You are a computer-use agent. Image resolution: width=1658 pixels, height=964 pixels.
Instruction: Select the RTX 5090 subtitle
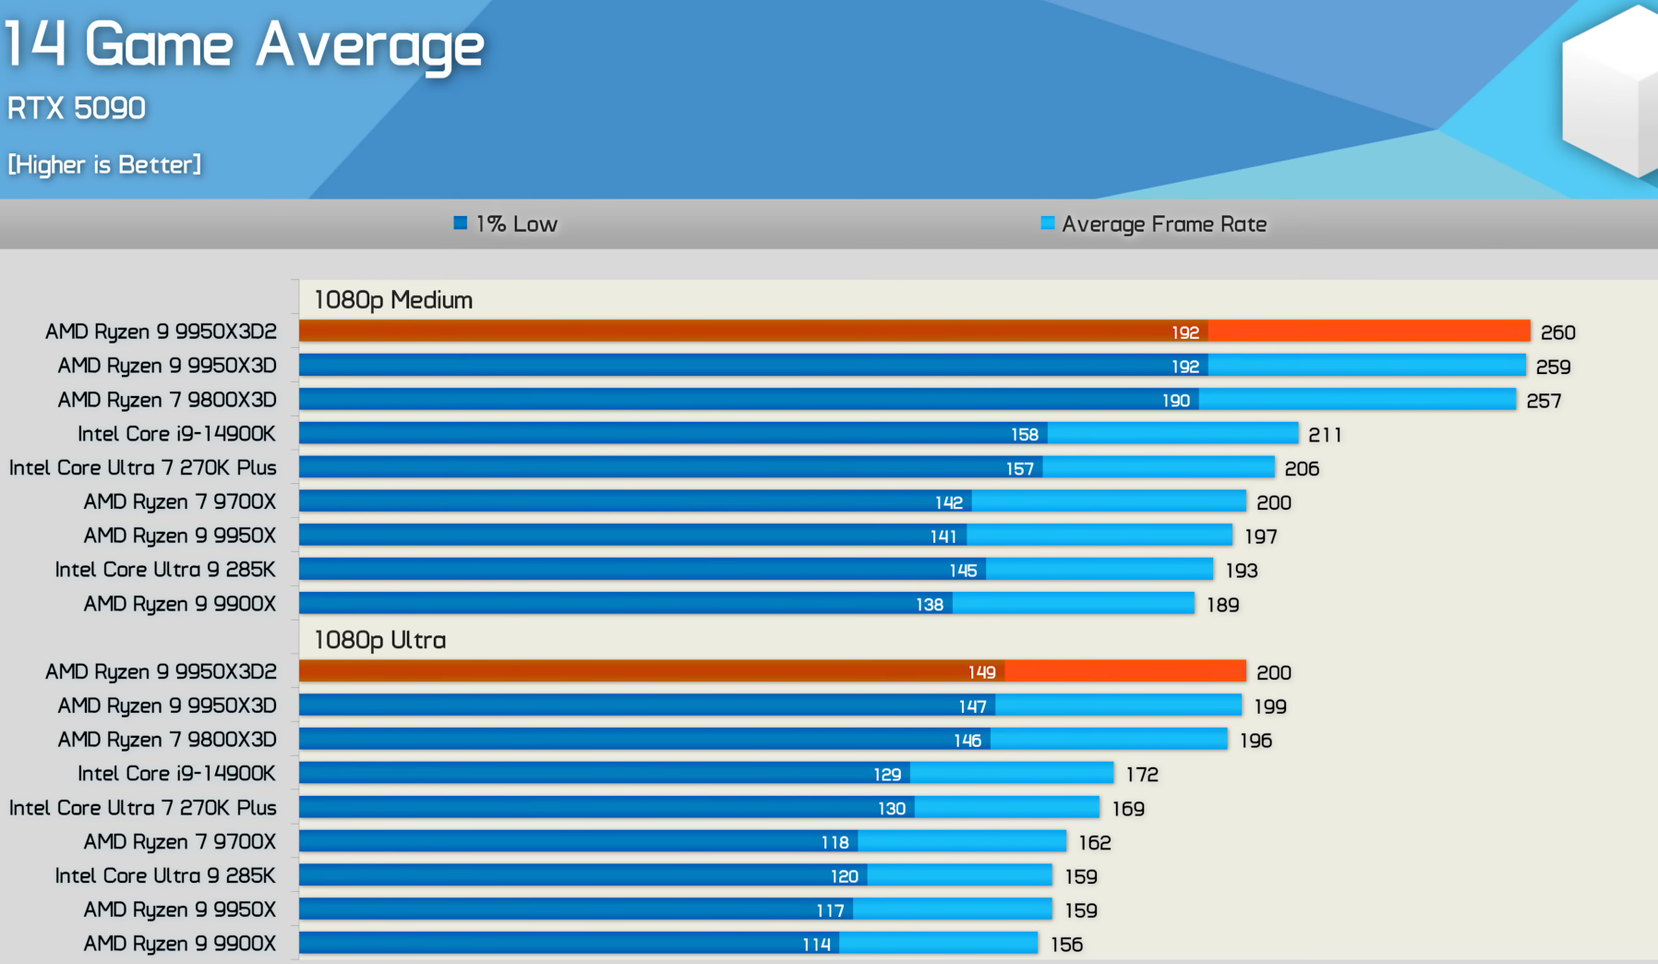click(77, 108)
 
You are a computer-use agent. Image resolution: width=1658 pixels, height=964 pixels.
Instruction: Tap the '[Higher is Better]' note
click(104, 164)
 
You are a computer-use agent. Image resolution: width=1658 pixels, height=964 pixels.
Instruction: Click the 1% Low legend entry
click(507, 223)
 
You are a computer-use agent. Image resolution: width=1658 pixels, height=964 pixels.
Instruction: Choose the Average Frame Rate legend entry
click(1154, 223)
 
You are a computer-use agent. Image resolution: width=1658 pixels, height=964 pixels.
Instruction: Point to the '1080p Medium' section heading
click(393, 300)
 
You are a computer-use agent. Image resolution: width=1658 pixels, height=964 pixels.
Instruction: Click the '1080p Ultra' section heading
click(380, 640)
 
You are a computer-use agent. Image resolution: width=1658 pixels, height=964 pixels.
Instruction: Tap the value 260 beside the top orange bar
click(1557, 332)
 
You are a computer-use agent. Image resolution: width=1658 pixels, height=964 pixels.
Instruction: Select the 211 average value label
click(1325, 435)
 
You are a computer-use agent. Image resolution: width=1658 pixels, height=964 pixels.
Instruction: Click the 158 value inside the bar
click(1024, 435)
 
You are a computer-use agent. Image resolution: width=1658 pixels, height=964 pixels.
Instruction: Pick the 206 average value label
click(1302, 469)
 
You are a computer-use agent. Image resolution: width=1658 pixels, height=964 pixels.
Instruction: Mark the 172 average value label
click(1142, 775)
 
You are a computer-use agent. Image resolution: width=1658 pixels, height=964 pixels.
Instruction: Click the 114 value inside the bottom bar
click(816, 945)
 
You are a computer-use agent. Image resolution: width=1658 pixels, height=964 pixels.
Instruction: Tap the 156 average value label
click(1066, 945)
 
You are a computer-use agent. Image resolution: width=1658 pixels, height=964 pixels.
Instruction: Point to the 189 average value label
click(1222, 605)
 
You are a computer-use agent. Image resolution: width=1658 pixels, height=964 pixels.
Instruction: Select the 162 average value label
click(1095, 843)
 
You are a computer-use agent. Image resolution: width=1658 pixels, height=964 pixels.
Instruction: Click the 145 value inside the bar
click(963, 571)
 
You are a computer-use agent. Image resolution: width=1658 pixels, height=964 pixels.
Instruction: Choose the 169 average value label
click(1128, 809)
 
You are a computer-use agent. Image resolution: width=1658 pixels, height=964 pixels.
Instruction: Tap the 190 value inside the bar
click(1175, 401)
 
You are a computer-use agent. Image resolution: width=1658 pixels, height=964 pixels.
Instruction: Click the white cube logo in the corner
click(1611, 92)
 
